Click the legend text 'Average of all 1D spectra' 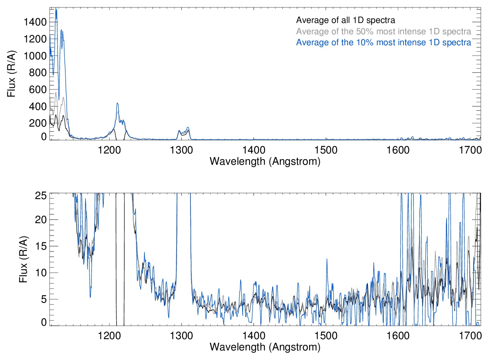pyautogui.click(x=345, y=20)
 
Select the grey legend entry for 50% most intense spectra pyautogui.click(x=383, y=31)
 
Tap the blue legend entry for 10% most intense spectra pyautogui.click(x=383, y=42)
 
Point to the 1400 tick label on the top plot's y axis pyautogui.click(x=35, y=22)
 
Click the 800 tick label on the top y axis pyautogui.click(x=37, y=72)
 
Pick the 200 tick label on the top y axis pyautogui.click(x=37, y=123)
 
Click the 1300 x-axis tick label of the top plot pyautogui.click(x=181, y=150)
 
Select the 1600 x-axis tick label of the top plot pyautogui.click(x=398, y=150)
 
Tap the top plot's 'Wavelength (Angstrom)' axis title pyautogui.click(x=265, y=161)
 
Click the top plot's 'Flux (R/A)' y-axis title pyautogui.click(x=12, y=74)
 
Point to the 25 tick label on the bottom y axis pyautogui.click(x=41, y=195)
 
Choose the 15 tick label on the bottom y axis pyautogui.click(x=41, y=246)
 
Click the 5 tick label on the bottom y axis pyautogui.click(x=43, y=299)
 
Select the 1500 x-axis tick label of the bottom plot pyautogui.click(x=326, y=336)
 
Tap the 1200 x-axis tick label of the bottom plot pyautogui.click(x=109, y=336)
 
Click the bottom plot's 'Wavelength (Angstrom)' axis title pyautogui.click(x=265, y=347)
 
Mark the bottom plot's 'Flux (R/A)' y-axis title pyautogui.click(x=23, y=259)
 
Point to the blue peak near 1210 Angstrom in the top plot pyautogui.click(x=117, y=104)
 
